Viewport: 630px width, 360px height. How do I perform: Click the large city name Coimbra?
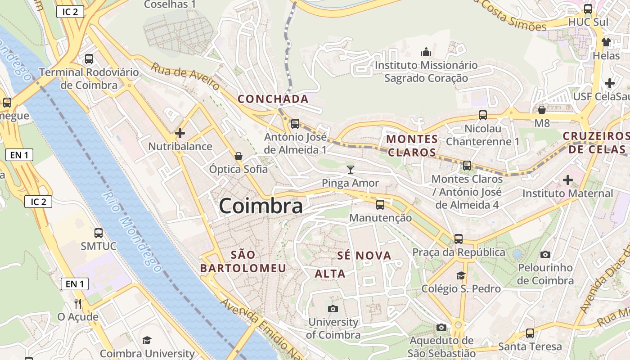[x=261, y=206]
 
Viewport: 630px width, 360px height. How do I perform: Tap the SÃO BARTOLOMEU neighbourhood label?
[x=243, y=261]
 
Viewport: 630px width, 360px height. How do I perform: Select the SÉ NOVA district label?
[x=364, y=256]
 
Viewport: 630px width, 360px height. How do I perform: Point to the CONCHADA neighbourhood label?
[x=273, y=99]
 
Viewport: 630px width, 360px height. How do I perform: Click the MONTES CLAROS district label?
[x=412, y=145]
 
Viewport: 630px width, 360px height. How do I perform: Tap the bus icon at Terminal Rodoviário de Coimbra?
[x=89, y=58]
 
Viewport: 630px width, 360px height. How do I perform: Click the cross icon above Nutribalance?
[x=180, y=133]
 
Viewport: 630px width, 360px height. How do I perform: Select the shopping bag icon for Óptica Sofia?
[x=238, y=156]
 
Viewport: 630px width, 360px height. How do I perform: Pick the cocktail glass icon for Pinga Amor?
[x=351, y=170]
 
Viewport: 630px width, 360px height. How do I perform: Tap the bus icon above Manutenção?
[x=380, y=205]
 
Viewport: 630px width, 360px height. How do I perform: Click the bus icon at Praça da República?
[x=459, y=239]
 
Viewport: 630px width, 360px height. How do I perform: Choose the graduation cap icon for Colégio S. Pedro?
[x=461, y=275]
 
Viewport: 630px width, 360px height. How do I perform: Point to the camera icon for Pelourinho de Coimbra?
[x=545, y=255]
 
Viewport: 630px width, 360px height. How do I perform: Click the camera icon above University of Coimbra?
[x=333, y=309]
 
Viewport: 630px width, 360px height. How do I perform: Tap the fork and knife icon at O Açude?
[x=78, y=304]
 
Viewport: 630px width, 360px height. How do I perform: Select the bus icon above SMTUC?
[x=99, y=233]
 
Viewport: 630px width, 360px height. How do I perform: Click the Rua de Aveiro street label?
[x=185, y=76]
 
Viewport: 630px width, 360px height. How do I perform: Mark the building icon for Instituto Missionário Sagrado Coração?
[x=426, y=52]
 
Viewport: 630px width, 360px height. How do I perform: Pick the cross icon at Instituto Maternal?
[x=568, y=180]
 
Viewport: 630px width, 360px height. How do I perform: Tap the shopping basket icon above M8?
[x=542, y=110]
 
